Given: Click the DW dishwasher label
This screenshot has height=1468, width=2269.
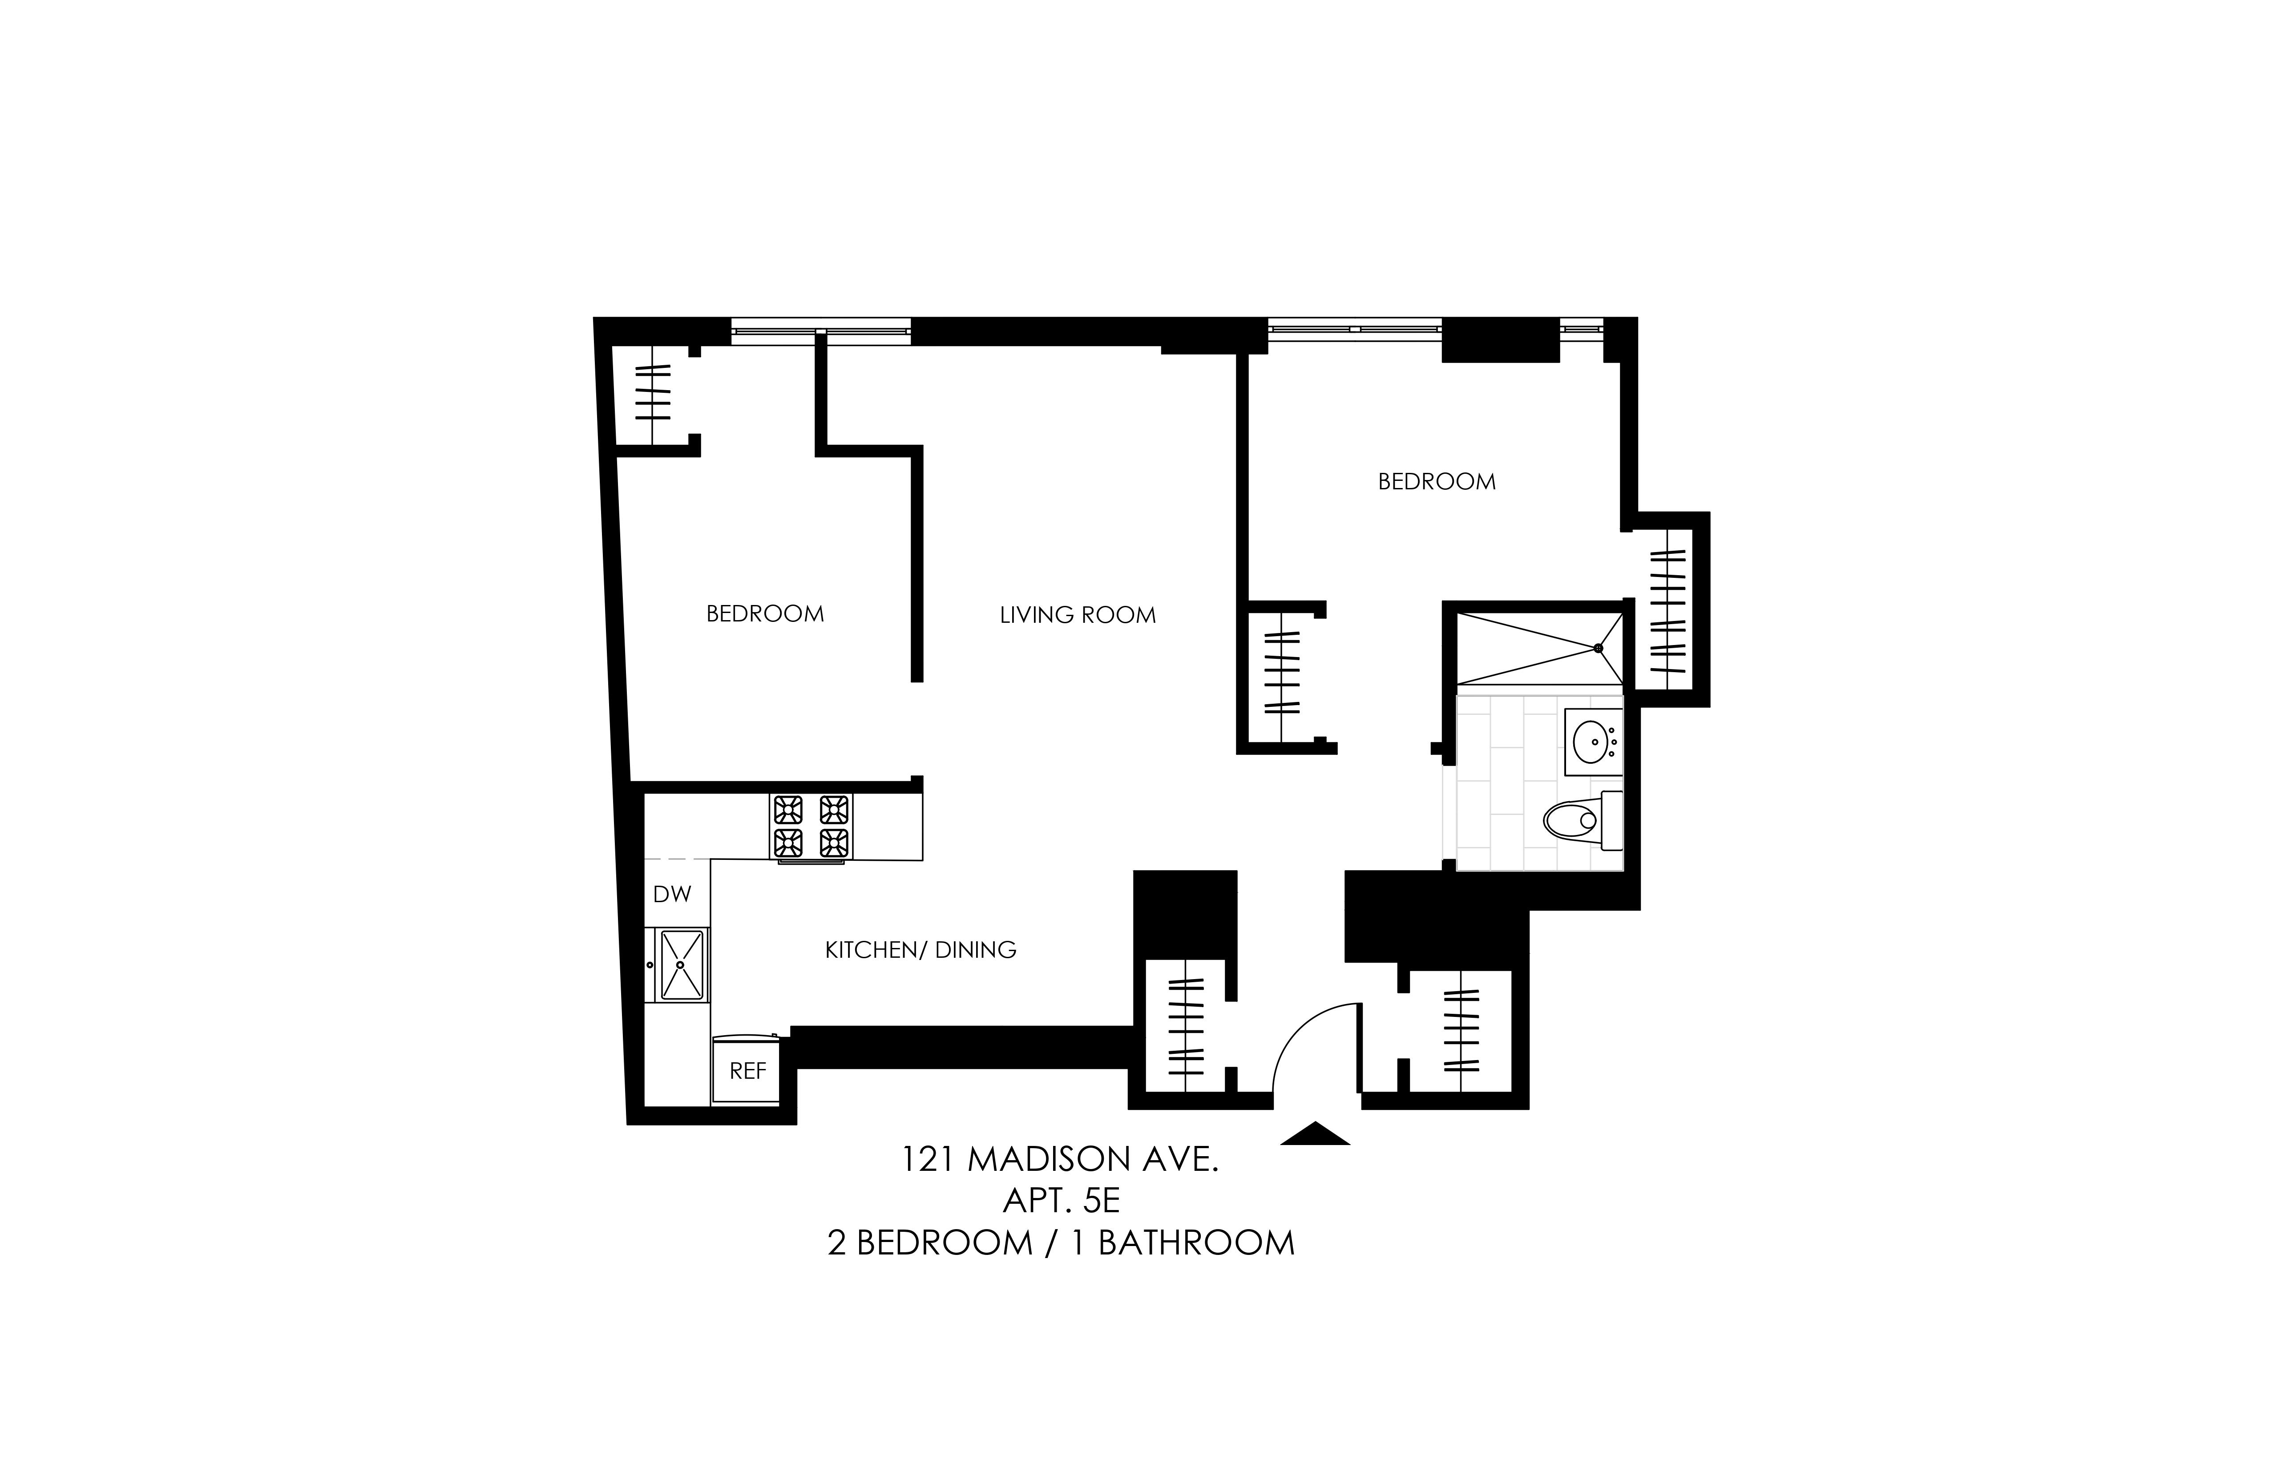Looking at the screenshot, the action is [672, 894].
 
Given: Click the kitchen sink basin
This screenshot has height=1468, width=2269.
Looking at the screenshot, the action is [681, 965].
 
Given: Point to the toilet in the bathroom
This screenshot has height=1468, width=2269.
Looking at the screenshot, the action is [1583, 820].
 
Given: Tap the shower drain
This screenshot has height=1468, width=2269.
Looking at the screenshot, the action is [1599, 648].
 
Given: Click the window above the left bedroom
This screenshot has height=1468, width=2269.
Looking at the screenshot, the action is [821, 331].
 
